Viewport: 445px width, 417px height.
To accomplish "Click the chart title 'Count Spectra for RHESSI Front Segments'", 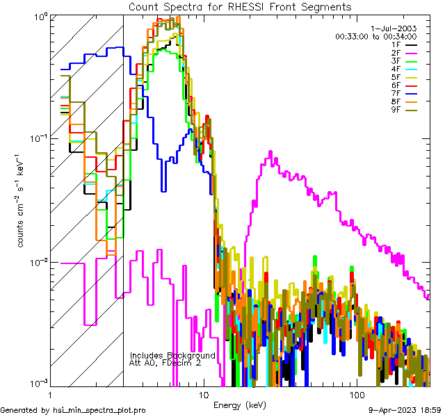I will (x=241, y=7).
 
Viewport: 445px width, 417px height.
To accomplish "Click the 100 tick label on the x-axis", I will (x=356, y=394).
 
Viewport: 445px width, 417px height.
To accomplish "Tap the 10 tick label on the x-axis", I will (x=203, y=394).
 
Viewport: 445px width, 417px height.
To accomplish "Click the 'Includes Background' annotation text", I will (x=172, y=355).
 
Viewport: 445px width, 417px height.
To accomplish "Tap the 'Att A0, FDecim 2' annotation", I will (x=165, y=363).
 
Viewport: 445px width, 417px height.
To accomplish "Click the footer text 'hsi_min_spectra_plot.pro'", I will (x=99, y=410).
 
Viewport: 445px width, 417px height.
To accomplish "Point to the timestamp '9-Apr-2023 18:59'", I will (x=405, y=410).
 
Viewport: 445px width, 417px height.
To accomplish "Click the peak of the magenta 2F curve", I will (x=270, y=152).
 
